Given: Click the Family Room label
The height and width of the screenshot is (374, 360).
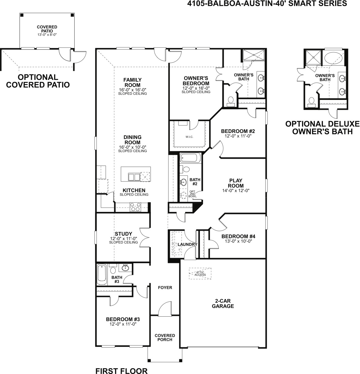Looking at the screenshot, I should click(x=132, y=82).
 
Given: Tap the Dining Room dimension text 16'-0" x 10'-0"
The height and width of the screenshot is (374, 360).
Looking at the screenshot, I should click(x=132, y=147).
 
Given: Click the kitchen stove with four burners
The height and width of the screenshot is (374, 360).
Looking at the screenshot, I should click(x=135, y=207).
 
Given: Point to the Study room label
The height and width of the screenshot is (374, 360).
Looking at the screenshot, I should click(x=123, y=234).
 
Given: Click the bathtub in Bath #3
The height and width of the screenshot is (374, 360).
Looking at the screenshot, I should click(x=102, y=275).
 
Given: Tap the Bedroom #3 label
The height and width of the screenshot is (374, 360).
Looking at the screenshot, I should click(x=123, y=319).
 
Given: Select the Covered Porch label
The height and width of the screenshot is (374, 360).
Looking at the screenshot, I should click(x=165, y=337).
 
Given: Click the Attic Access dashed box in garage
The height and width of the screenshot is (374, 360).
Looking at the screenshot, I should click(x=200, y=274).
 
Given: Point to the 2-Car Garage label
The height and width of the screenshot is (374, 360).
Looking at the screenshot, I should click(x=223, y=304).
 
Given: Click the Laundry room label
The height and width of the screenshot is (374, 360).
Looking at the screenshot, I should click(x=188, y=244).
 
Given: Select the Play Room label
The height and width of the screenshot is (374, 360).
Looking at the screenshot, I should click(x=236, y=183).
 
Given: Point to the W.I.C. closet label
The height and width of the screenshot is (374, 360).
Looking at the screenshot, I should click(x=189, y=137).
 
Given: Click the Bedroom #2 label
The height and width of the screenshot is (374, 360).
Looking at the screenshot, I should click(x=238, y=131).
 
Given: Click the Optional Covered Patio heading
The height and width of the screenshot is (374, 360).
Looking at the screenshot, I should click(x=38, y=81).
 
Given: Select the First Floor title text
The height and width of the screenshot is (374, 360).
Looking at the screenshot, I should click(x=121, y=370).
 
